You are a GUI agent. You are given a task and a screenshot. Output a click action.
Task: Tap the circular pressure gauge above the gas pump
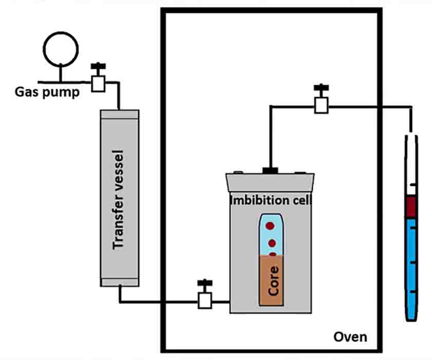(61, 49)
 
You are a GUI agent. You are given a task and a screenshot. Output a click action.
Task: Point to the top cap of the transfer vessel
(119, 114)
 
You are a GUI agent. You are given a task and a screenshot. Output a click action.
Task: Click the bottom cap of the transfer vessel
(119, 281)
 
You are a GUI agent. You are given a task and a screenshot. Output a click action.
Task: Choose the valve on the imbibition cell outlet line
(322, 105)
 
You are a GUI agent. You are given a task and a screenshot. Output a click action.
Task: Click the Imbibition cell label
(270, 199)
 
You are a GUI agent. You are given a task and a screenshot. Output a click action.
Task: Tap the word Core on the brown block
(273, 280)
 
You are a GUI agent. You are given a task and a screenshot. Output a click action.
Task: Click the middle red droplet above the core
(272, 243)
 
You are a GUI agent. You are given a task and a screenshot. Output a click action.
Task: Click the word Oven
(350, 337)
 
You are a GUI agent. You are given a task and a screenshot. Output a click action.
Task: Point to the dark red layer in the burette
(411, 207)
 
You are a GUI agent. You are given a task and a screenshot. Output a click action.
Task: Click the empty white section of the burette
(411, 164)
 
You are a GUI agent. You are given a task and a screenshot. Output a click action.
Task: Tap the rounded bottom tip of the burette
(411, 317)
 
